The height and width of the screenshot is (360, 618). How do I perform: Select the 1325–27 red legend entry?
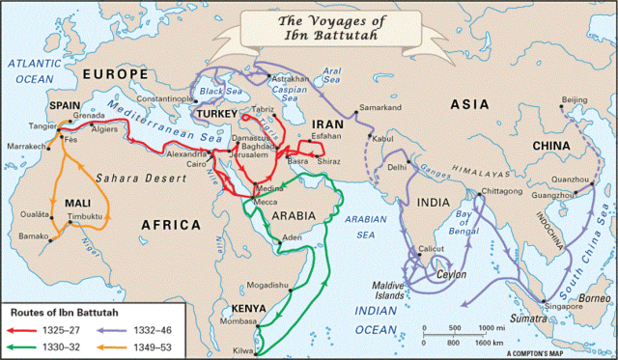click(66, 328)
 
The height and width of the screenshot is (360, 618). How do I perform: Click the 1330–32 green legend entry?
click(66, 345)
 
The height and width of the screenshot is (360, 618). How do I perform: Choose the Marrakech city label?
click(28, 145)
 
